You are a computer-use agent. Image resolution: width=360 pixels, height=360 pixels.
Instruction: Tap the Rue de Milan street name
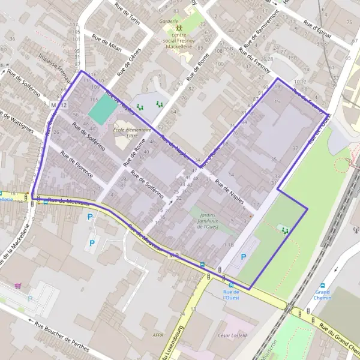pos(107,44)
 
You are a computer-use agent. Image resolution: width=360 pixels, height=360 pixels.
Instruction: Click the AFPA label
pos(158,335)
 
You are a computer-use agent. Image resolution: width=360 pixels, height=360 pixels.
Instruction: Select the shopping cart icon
pos(19,286)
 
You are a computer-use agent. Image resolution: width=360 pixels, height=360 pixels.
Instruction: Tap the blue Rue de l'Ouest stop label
pos(231,295)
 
